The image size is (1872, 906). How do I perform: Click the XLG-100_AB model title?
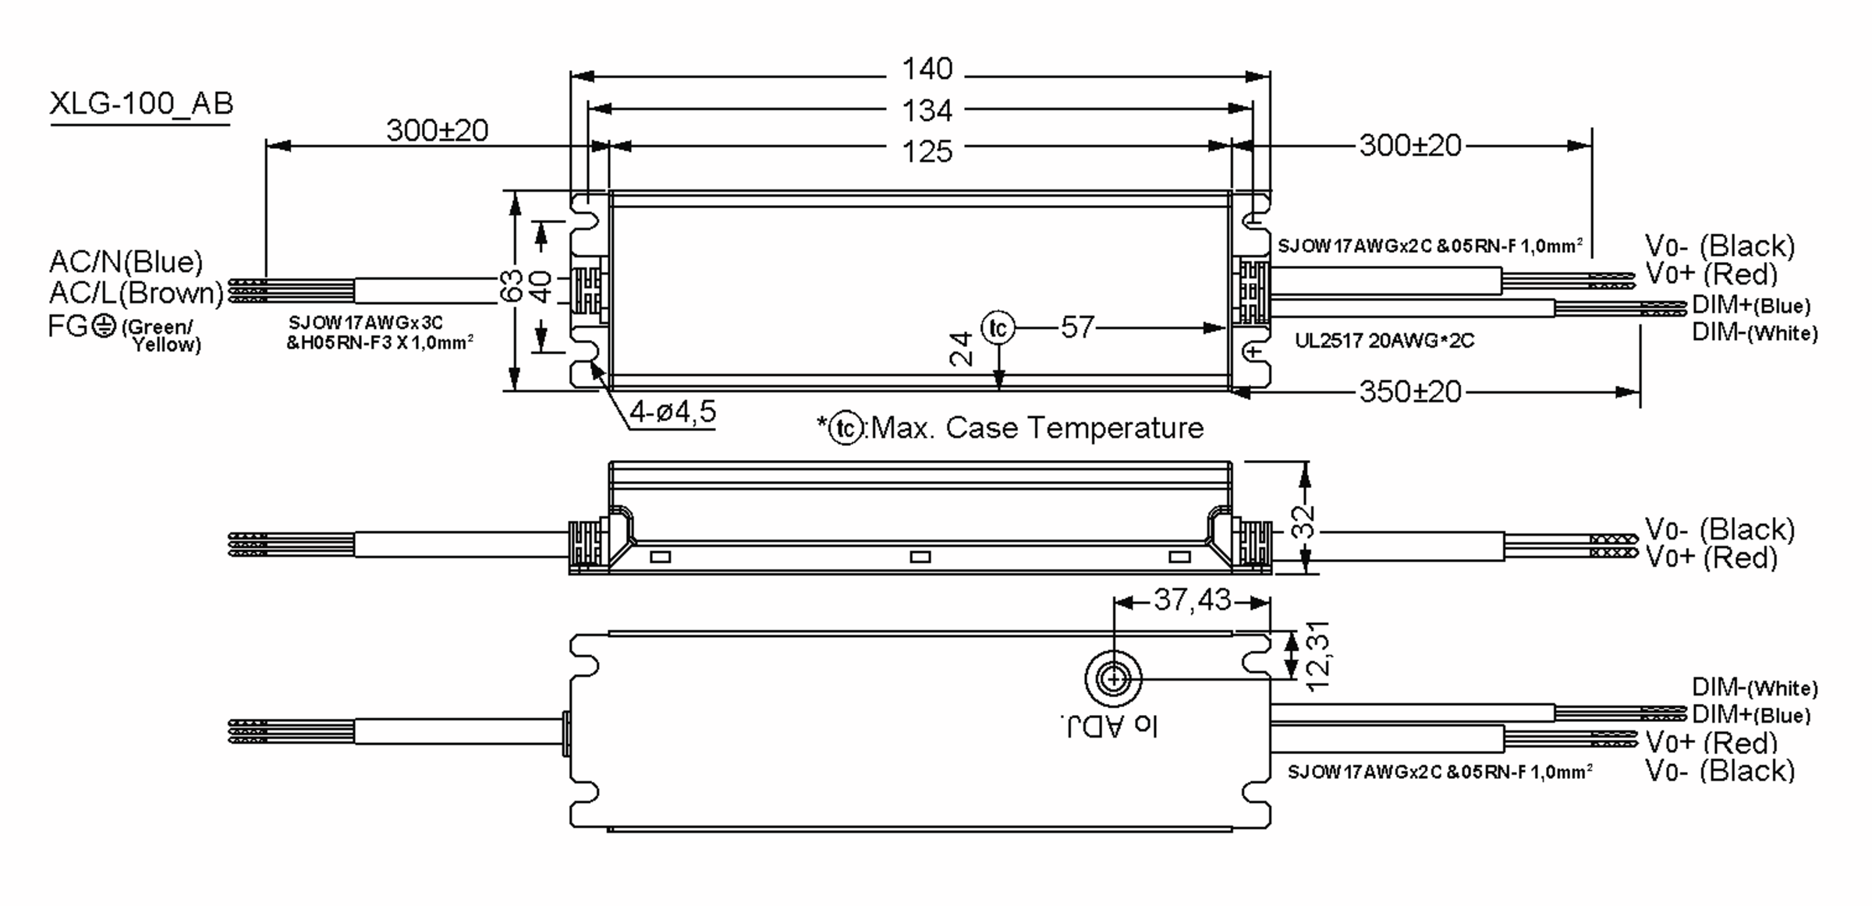[x=141, y=104]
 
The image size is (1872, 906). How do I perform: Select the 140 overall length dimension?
[x=927, y=69]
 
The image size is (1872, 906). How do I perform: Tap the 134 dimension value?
[x=927, y=111]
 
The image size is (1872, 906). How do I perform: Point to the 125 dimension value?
[x=927, y=151]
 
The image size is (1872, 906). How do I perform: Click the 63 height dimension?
[x=511, y=287]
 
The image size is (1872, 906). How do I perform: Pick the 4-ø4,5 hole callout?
[x=672, y=412]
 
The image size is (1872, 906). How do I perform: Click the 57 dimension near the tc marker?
[x=1077, y=327]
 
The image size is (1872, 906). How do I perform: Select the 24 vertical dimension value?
[x=962, y=349]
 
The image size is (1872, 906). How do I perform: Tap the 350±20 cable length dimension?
[x=1409, y=391]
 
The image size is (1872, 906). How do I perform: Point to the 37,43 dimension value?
[x=1192, y=600]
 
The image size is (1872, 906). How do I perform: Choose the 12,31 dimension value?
[x=1317, y=656]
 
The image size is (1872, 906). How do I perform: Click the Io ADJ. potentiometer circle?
[x=1113, y=679]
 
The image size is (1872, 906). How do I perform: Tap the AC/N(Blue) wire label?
[x=126, y=262]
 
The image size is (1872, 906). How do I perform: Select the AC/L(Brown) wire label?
[x=136, y=293]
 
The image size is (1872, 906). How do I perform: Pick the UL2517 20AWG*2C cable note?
[x=1384, y=341]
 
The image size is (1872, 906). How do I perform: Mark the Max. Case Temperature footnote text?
[x=1036, y=428]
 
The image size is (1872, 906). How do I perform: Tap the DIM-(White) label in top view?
[x=1754, y=333]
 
